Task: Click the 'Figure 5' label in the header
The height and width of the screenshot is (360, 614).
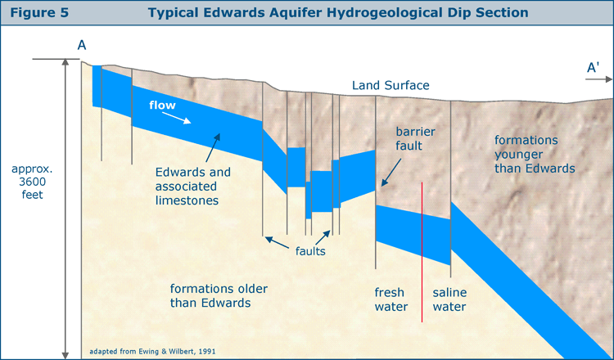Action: click(x=39, y=12)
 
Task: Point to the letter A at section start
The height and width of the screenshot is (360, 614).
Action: click(x=81, y=45)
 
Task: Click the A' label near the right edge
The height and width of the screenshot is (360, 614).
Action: click(x=593, y=68)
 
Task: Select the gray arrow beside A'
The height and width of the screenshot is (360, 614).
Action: click(x=598, y=79)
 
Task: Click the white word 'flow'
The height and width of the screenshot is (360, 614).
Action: click(x=162, y=105)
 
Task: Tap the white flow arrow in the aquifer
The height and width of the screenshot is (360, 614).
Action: click(x=177, y=118)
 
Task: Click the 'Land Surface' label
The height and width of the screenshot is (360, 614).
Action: click(x=391, y=85)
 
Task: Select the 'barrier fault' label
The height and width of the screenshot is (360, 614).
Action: click(x=415, y=138)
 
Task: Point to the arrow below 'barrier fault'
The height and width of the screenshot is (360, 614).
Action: click(x=391, y=172)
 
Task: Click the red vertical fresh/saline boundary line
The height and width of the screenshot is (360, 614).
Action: click(x=422, y=252)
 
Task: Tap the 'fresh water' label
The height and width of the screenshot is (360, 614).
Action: click(x=391, y=299)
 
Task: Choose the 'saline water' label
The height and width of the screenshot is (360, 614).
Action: click(x=449, y=299)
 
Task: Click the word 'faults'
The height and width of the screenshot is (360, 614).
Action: click(x=310, y=251)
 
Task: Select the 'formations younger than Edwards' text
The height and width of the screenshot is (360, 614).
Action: click(x=535, y=154)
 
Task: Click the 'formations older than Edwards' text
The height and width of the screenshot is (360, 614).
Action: click(x=219, y=296)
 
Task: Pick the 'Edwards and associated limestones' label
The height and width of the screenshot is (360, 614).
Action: click(x=192, y=187)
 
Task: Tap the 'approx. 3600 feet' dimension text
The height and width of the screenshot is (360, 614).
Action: click(x=32, y=182)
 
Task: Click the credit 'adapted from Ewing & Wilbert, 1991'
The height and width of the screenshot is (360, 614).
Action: click(x=152, y=351)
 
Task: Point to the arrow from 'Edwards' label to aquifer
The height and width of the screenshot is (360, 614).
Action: click(x=213, y=147)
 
